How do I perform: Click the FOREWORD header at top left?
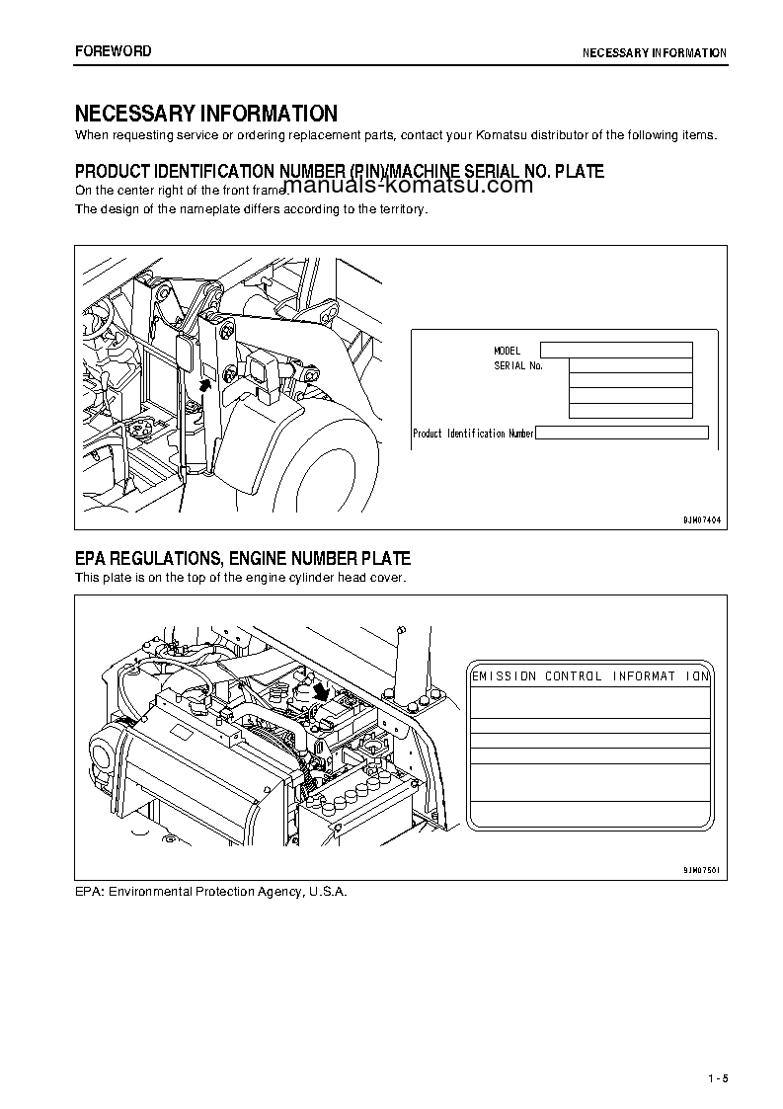tap(114, 51)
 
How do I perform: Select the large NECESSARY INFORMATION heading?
tap(206, 114)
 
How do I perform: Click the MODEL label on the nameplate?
tap(507, 351)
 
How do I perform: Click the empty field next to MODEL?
tap(616, 350)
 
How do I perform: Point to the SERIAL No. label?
tap(518, 365)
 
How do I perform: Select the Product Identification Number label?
tap(473, 434)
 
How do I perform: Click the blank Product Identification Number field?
tap(622, 433)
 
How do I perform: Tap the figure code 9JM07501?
tap(702, 870)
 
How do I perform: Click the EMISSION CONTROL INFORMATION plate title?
tap(590, 676)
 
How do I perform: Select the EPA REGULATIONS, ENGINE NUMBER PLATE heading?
tap(243, 559)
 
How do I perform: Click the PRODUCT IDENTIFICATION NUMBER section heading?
tap(340, 171)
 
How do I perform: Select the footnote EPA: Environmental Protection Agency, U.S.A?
tap(211, 891)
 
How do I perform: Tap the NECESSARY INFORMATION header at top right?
tap(654, 53)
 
